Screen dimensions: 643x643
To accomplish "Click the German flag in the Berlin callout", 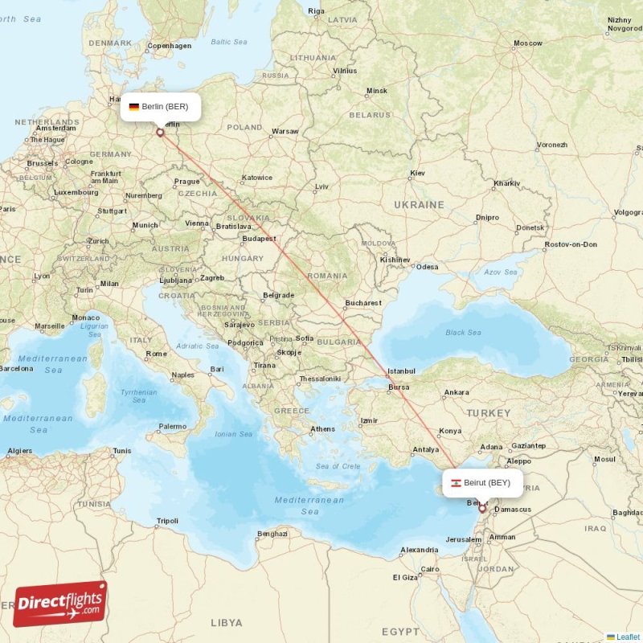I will pyautogui.click(x=133, y=107).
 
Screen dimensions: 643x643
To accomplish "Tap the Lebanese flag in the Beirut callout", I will pyautogui.click(x=456, y=483).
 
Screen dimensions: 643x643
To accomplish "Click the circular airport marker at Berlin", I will pyautogui.click(x=160, y=133).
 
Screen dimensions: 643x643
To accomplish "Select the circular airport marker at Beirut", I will pyautogui.click(x=482, y=508).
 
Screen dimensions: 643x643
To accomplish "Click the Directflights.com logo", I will pyautogui.click(x=60, y=604).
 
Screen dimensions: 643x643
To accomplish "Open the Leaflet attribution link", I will pyautogui.click(x=628, y=637).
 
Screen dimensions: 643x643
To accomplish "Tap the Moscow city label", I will pyautogui.click(x=528, y=43).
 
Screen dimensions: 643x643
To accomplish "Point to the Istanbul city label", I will pyautogui.click(x=401, y=371).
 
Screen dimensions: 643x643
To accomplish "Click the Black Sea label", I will pyautogui.click(x=463, y=332).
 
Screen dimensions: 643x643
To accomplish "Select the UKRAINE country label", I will pyautogui.click(x=419, y=205).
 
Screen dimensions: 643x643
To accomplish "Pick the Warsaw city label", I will pyautogui.click(x=285, y=131).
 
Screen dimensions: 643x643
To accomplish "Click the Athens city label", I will pyautogui.click(x=323, y=428).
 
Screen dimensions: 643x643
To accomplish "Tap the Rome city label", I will pyautogui.click(x=156, y=354).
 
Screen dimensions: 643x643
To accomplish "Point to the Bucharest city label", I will pyautogui.click(x=362, y=303).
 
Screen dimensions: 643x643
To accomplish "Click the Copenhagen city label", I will pyautogui.click(x=170, y=46).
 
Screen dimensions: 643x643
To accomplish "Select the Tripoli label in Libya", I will pyautogui.click(x=167, y=521).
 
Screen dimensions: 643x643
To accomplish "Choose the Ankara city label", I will pyautogui.click(x=457, y=392).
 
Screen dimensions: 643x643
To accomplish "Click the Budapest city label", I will pyautogui.click(x=260, y=239).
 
